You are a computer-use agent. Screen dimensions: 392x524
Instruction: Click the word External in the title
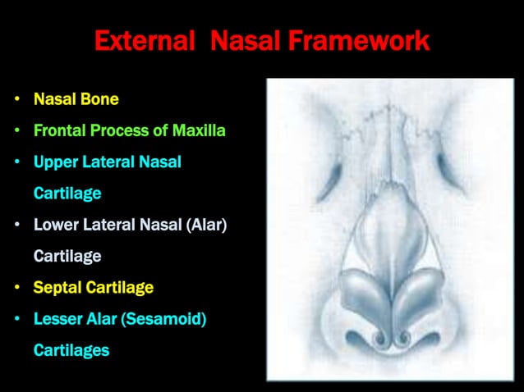(140, 40)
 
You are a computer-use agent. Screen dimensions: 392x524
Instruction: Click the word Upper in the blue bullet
(55, 162)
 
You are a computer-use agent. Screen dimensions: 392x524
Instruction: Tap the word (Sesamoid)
(163, 319)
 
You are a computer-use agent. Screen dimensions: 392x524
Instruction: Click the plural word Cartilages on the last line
(71, 350)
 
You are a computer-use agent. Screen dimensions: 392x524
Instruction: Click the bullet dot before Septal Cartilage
(17, 289)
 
